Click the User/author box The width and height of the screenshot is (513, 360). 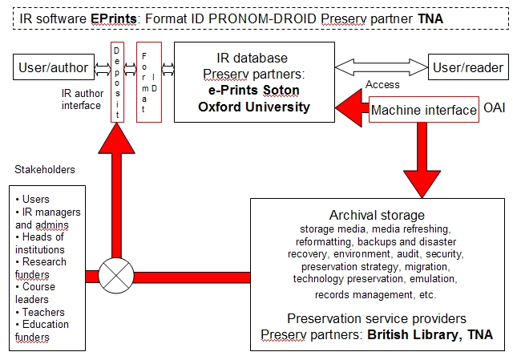(x=54, y=67)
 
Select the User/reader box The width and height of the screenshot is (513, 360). (x=468, y=67)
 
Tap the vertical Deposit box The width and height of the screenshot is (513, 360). (x=117, y=82)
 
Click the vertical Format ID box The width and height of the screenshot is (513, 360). (x=149, y=82)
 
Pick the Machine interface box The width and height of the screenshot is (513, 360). (x=424, y=110)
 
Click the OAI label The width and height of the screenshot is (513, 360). (x=494, y=107)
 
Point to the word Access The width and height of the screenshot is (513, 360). (x=382, y=84)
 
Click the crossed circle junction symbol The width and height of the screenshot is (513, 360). (x=116, y=275)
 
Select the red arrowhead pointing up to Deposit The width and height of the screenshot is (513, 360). (x=116, y=139)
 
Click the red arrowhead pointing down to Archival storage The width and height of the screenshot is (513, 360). (x=422, y=184)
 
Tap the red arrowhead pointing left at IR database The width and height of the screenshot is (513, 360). (x=349, y=107)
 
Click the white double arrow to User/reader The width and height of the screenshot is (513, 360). (x=382, y=67)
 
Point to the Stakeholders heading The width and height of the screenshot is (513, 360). (x=45, y=169)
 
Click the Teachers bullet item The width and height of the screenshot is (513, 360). (x=40, y=312)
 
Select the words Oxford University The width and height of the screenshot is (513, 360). (x=254, y=107)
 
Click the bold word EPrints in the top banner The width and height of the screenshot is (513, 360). (x=114, y=18)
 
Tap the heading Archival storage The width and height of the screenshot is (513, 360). (x=377, y=215)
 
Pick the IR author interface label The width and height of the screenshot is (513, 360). (x=83, y=99)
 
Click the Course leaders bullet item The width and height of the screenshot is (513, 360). (x=35, y=293)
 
